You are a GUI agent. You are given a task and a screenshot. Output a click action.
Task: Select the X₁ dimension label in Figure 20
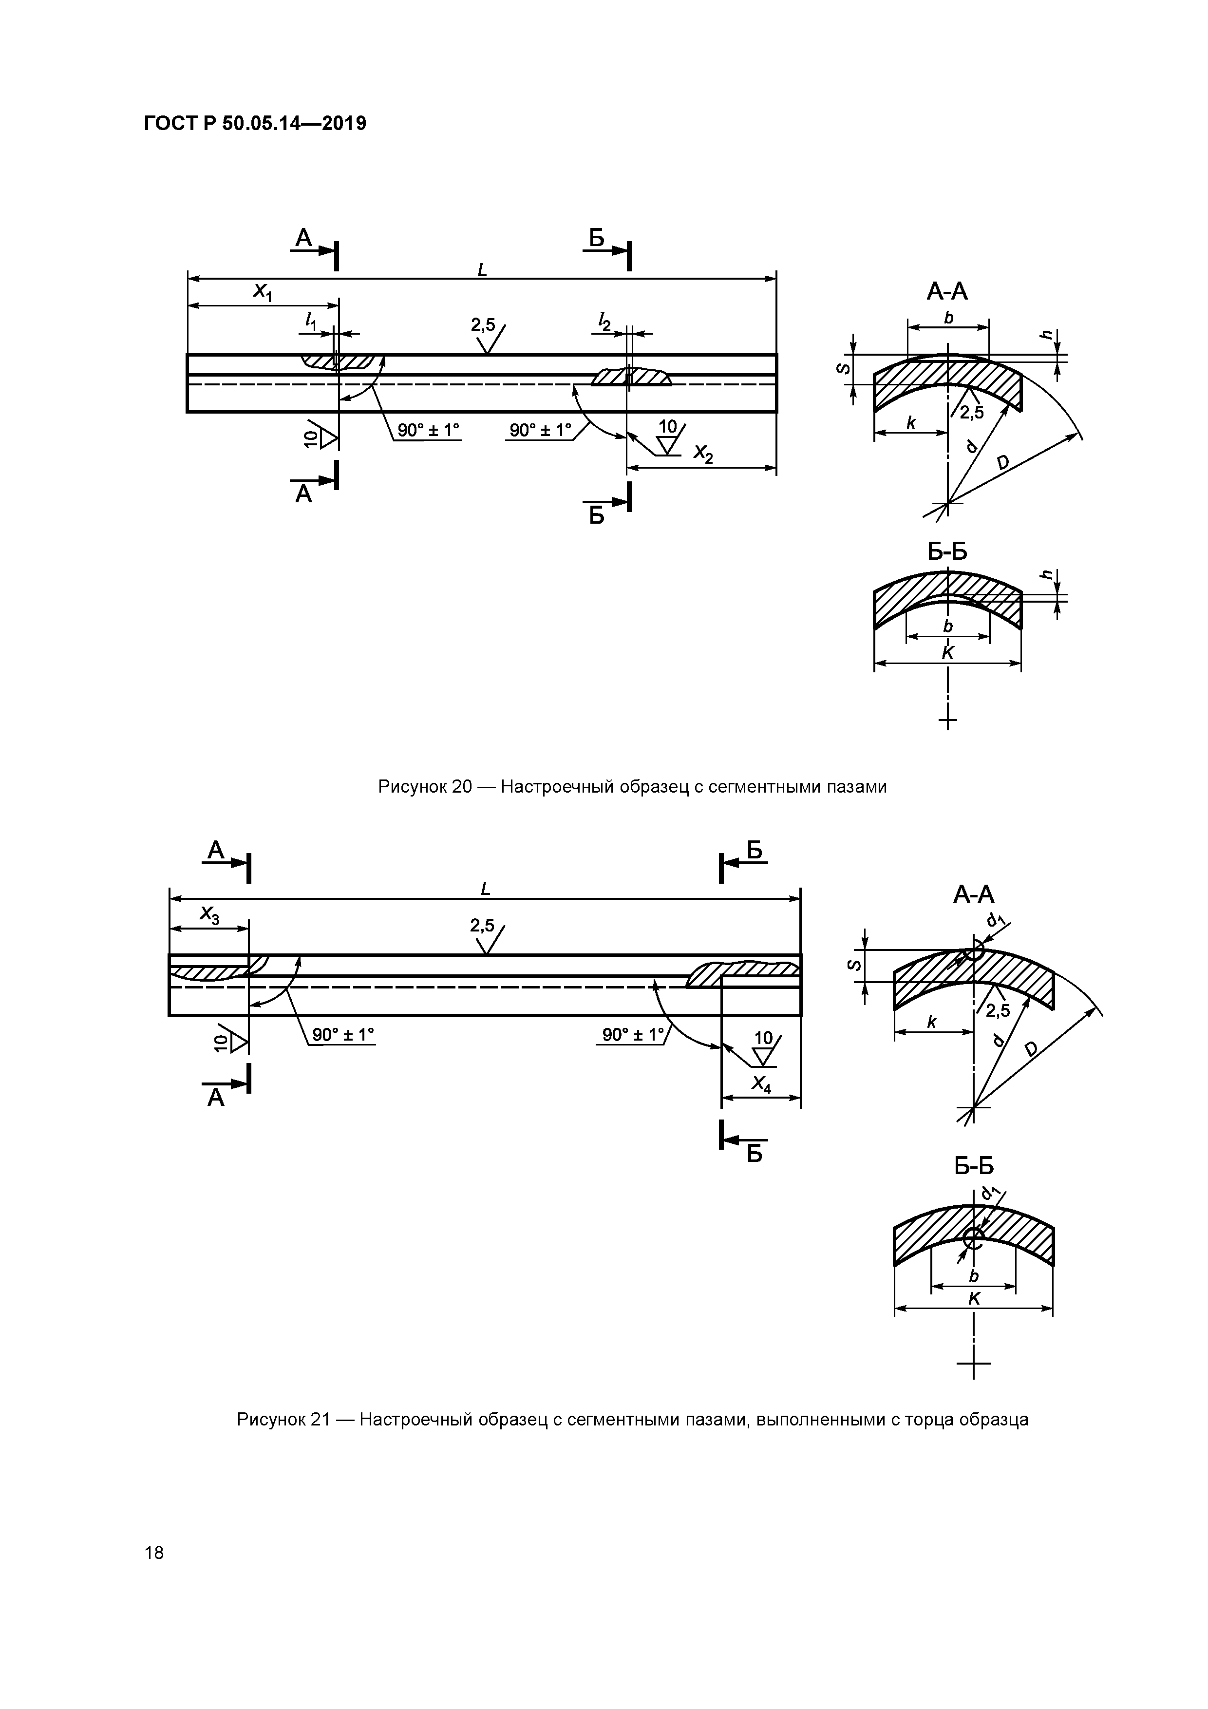tap(263, 292)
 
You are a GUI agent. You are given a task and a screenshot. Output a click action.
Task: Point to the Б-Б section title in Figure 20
tap(947, 551)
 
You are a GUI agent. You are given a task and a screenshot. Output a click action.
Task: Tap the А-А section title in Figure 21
tap(974, 894)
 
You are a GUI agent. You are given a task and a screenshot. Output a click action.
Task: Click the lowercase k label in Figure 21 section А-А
tap(931, 1022)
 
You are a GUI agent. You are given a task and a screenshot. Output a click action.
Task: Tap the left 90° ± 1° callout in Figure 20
tap(428, 430)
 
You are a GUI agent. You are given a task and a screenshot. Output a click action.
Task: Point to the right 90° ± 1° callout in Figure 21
tap(633, 1035)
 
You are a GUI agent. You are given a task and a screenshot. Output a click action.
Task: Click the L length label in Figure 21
tap(485, 889)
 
